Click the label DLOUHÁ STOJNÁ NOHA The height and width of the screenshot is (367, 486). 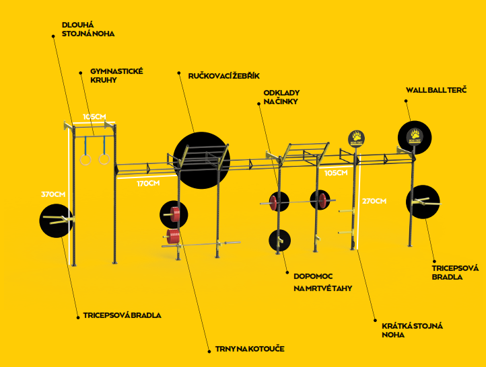click(88, 29)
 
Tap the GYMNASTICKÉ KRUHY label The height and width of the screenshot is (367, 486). click(116, 75)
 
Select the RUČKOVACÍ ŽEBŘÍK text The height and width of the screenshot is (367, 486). click(223, 76)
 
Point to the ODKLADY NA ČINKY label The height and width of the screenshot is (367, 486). click(281, 97)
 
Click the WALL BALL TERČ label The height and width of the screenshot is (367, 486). click(436, 90)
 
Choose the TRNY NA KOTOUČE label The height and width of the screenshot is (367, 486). click(250, 349)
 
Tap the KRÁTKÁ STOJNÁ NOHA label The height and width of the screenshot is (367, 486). click(412, 330)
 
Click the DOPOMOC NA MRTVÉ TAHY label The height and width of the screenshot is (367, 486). click(322, 282)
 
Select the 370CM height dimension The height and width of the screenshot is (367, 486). click(53, 194)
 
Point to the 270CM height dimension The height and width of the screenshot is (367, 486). click(374, 201)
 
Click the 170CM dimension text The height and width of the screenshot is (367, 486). click(148, 184)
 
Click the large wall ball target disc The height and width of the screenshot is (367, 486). click(415, 137)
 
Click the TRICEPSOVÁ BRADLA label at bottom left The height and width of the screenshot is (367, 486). click(122, 315)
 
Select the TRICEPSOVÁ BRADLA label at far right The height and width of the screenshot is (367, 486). click(455, 273)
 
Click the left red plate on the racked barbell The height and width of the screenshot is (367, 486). click(273, 202)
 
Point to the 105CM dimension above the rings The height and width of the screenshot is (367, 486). click(94, 117)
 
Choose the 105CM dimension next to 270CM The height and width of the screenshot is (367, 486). click(336, 173)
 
